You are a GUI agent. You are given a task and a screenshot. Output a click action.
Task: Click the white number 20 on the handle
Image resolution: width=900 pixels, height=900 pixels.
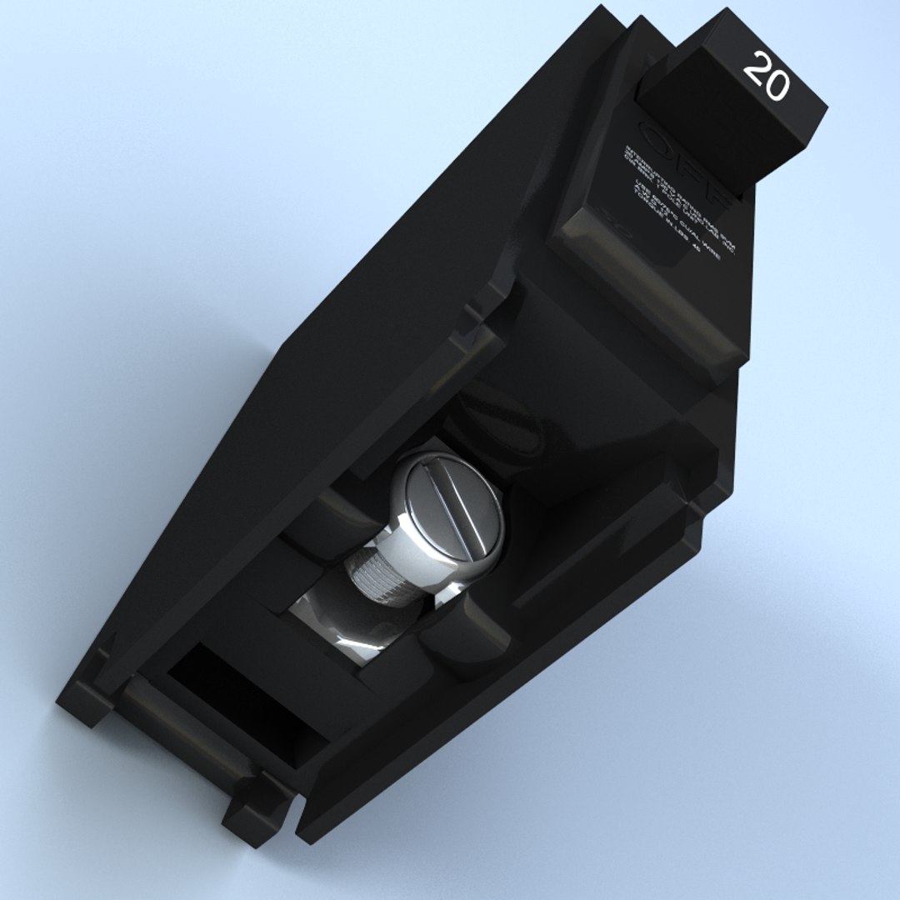click(x=766, y=76)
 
